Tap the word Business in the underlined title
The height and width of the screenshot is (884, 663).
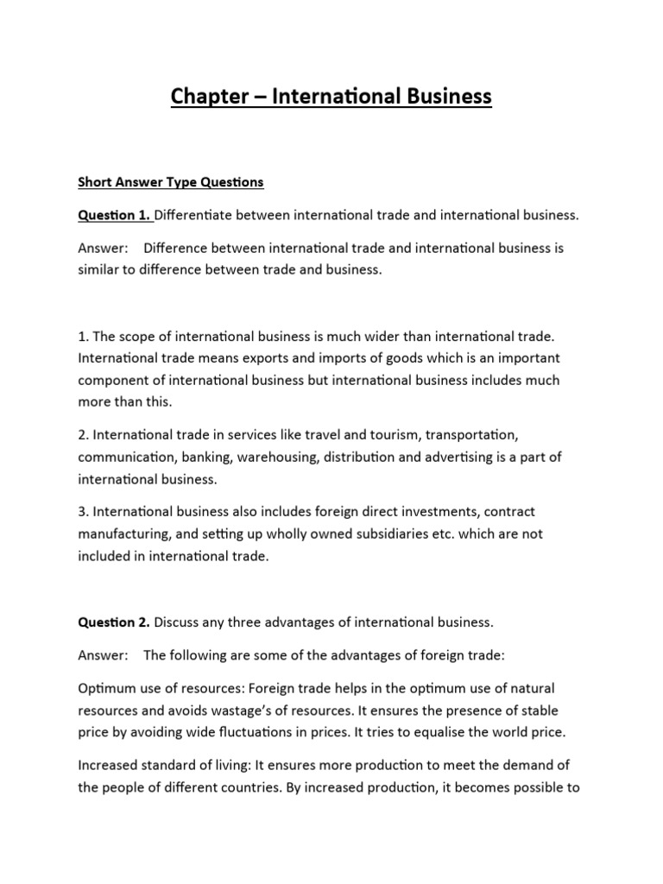click(441, 96)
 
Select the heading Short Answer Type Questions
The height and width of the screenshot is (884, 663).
click(171, 182)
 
